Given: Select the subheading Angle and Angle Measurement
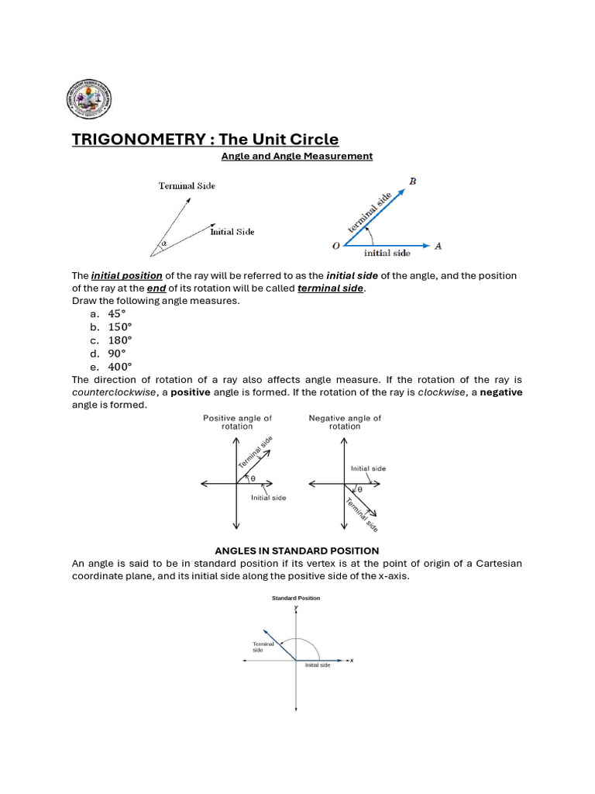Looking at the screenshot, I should (297, 156).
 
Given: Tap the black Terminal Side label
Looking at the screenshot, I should (187, 186).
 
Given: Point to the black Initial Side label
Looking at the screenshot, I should (232, 232).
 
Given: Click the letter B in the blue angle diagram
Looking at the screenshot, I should (412, 181).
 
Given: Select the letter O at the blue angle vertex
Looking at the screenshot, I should (335, 247).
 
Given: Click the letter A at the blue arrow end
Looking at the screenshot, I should (439, 246).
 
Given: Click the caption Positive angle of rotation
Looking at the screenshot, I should (237, 422).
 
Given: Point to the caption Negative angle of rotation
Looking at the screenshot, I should (345, 422).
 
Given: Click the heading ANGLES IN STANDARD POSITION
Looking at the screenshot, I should (297, 551).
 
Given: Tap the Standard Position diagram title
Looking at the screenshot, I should (296, 598).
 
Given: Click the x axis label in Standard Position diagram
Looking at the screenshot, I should (352, 661).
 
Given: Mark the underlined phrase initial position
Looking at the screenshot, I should (127, 276).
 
